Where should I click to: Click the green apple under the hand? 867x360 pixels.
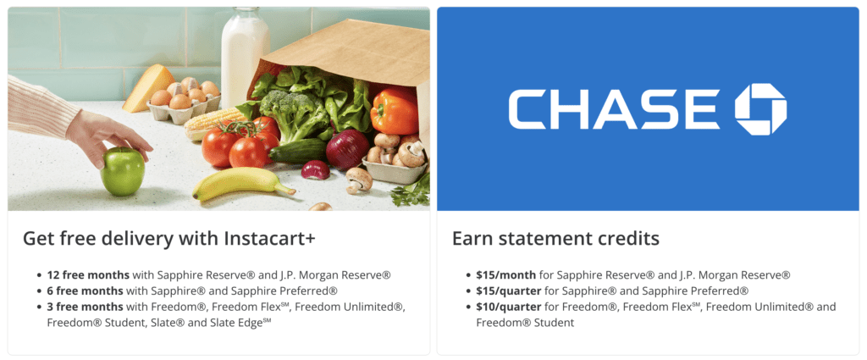point(122,171)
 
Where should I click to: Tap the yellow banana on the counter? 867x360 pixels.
point(242,183)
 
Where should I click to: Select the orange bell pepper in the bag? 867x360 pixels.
point(395,110)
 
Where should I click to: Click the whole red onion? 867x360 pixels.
point(347,149)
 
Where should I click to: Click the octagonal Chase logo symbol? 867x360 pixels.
point(760,109)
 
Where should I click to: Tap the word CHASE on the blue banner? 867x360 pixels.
point(614,109)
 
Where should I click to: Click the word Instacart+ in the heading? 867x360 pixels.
point(270,238)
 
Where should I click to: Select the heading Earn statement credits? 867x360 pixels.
point(555,238)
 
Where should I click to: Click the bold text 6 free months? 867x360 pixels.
point(86,291)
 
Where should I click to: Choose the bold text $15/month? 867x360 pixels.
point(506,274)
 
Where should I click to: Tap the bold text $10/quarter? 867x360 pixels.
point(509,307)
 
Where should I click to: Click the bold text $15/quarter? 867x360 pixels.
point(509,291)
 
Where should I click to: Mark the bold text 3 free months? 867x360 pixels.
point(86,307)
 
